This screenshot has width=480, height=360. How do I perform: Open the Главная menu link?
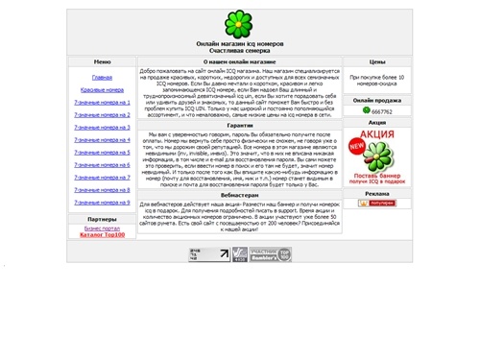(x=102, y=77)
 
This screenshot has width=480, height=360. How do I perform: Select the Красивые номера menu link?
(x=102, y=89)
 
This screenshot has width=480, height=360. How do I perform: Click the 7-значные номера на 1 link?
(x=102, y=102)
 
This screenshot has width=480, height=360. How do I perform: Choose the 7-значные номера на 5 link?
(x=102, y=152)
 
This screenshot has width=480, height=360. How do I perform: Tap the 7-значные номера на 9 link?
(x=102, y=203)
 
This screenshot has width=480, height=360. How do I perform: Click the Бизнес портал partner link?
(x=102, y=228)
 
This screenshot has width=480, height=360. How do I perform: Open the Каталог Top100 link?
(x=102, y=235)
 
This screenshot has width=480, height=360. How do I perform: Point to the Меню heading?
(x=102, y=61)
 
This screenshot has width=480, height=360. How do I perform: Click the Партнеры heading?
(x=102, y=219)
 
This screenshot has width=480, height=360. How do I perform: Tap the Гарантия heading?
(x=240, y=125)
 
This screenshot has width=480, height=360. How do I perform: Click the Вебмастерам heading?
(x=240, y=193)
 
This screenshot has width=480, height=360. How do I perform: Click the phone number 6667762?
(x=382, y=111)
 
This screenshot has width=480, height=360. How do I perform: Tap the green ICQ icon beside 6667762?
(x=366, y=111)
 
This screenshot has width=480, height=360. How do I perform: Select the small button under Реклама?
(x=376, y=204)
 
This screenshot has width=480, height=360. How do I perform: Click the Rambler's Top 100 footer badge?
(x=271, y=254)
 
